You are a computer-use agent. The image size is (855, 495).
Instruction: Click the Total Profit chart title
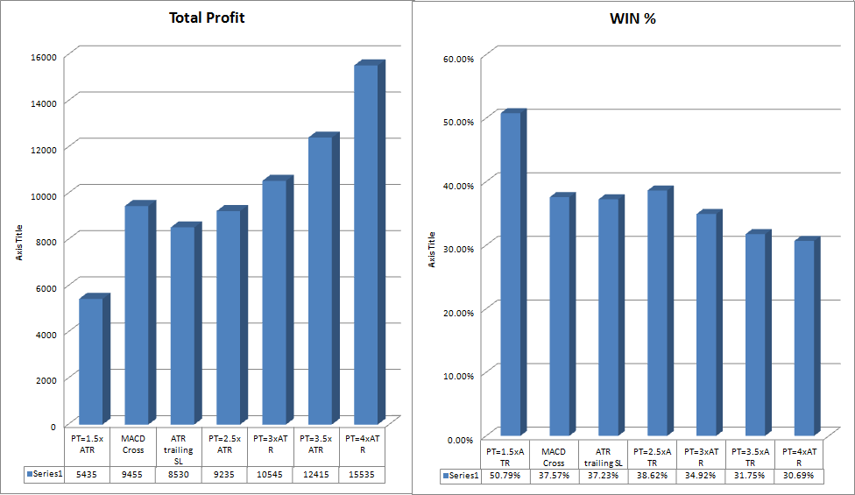[207, 18]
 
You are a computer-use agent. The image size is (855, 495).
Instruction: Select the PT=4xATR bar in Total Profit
[365, 245]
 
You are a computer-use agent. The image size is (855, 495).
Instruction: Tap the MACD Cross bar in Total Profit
[136, 315]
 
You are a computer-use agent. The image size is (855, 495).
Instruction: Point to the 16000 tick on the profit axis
[44, 56]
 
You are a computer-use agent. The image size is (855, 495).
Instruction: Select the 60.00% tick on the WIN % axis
[459, 59]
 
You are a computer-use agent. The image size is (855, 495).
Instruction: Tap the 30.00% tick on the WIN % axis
[459, 248]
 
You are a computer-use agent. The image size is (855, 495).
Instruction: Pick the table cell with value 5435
[88, 473]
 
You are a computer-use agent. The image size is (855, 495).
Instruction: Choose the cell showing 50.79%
[505, 476]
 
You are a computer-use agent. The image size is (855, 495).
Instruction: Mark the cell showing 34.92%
[701, 476]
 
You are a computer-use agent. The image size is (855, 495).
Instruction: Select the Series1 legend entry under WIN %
[461, 476]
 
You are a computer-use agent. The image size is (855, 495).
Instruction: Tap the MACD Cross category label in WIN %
[554, 456]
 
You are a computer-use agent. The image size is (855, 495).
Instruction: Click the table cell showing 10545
[271, 473]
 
